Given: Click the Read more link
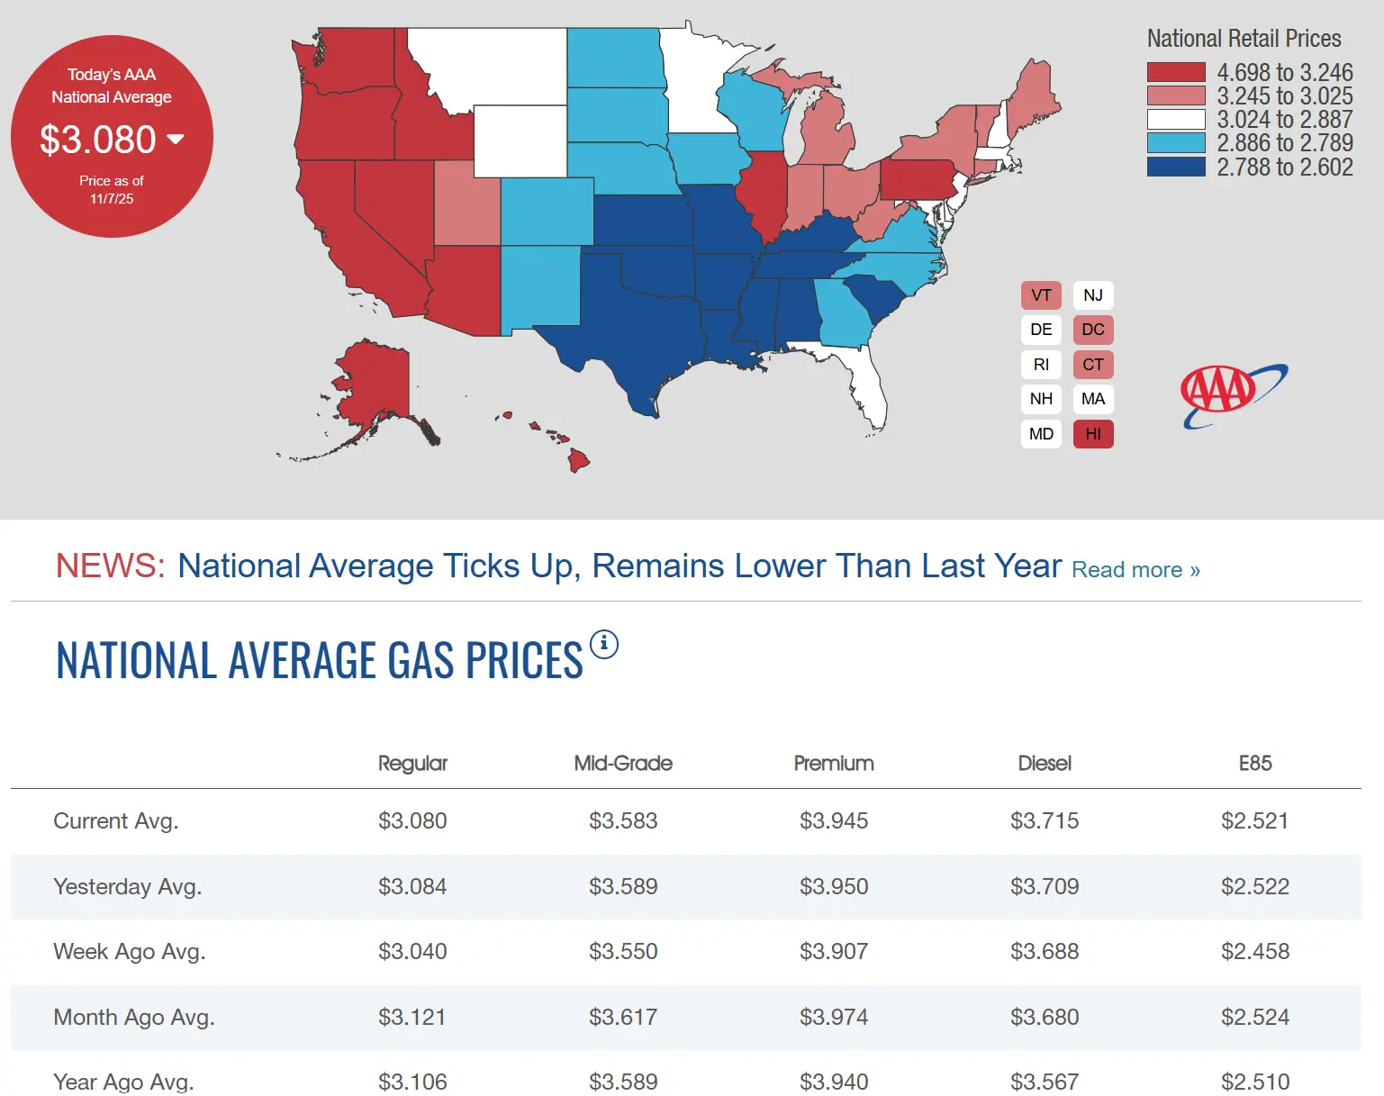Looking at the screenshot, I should tap(1135, 570).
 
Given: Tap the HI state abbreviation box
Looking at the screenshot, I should tap(1093, 434).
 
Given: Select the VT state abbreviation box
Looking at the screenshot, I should tap(1041, 295).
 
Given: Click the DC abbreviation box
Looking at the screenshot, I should tap(1093, 330).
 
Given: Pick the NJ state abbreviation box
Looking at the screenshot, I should tap(1093, 295).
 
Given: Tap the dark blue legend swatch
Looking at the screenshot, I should tap(1176, 167).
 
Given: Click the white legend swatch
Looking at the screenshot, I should tap(1176, 119).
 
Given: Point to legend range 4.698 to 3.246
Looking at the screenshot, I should tap(1284, 72).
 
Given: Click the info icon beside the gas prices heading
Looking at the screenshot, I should tap(604, 644).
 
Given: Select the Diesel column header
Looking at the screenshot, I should tap(1045, 764).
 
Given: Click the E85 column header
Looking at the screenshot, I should tap(1255, 764).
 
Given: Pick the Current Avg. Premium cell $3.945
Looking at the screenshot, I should tap(834, 821).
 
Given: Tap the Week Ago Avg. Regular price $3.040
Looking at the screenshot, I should tap(412, 952).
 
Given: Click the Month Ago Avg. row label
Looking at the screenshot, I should tap(134, 1018).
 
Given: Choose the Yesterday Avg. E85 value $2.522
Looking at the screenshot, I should tap(1255, 887).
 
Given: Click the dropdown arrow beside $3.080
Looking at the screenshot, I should tap(176, 139).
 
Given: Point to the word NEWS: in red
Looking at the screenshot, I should tap(110, 566).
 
